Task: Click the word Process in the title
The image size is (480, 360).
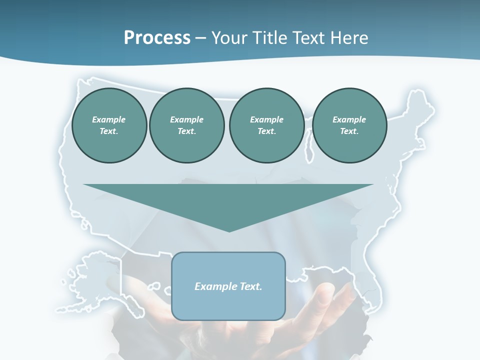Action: [x=157, y=38]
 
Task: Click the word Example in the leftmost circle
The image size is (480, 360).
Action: [x=109, y=119]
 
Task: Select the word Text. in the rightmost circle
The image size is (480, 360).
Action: [x=349, y=131]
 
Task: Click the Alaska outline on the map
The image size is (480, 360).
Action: [x=95, y=280]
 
